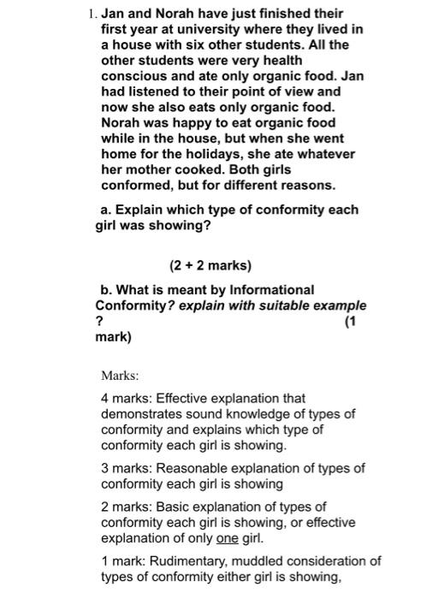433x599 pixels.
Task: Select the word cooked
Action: [193, 169]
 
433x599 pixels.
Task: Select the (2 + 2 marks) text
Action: [211, 265]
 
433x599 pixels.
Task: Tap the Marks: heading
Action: [120, 376]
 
